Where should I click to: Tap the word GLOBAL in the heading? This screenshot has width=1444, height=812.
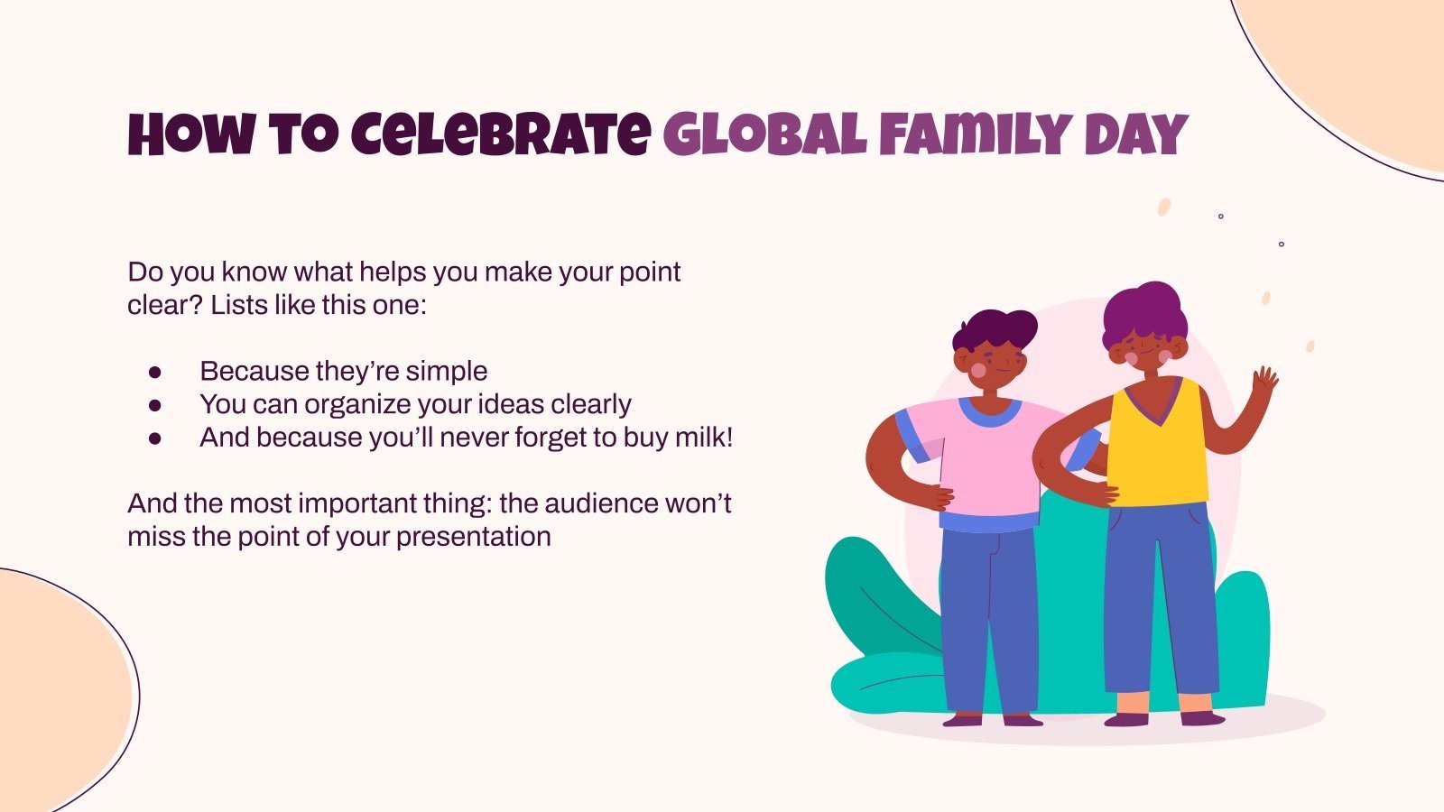pyautogui.click(x=764, y=135)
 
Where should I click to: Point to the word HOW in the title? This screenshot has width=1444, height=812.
pyautogui.click(x=190, y=135)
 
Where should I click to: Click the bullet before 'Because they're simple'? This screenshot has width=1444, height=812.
pyautogui.click(x=154, y=372)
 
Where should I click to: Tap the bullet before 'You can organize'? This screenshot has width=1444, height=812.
pyautogui.click(x=154, y=405)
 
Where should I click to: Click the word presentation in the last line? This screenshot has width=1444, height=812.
pyautogui.click(x=473, y=537)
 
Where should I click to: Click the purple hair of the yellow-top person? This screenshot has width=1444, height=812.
pyautogui.click(x=1145, y=311)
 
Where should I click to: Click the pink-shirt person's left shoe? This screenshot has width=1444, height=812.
pyautogui.click(x=962, y=719)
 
